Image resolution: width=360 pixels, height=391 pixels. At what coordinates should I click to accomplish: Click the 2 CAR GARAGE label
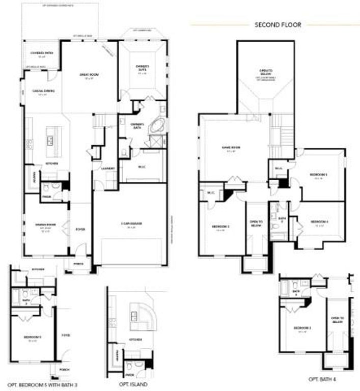tap(130, 226)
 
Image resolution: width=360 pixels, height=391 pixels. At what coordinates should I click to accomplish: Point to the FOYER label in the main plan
tap(80, 230)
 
